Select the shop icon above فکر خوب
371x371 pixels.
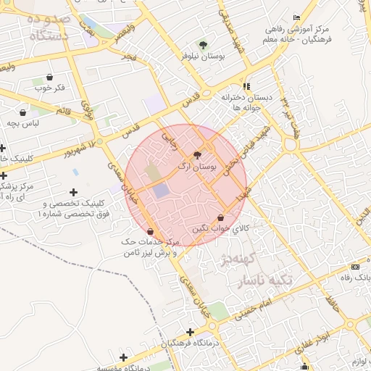coord(49,77)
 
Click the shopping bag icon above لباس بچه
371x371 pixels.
coord(23,112)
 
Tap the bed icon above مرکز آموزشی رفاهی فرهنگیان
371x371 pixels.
coord(296,17)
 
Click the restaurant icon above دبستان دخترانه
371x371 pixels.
coord(246,86)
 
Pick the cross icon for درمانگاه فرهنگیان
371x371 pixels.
coord(190,331)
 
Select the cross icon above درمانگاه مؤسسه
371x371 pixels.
coord(124,357)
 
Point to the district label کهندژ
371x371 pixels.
coord(237,259)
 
